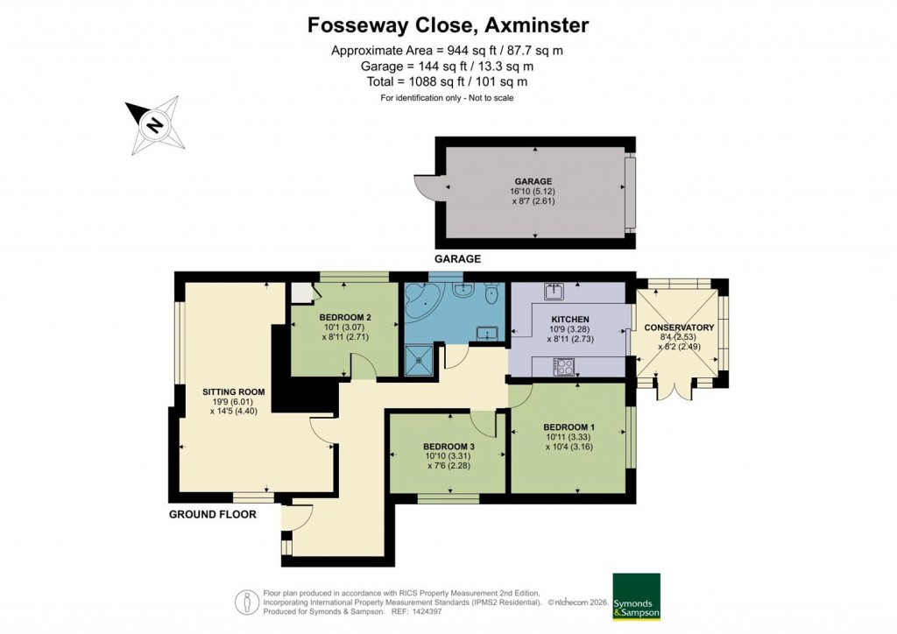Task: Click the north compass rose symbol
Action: tap(154, 125)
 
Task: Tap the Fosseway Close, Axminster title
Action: tap(448, 25)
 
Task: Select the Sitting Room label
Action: tap(233, 392)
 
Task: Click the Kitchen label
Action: tap(569, 319)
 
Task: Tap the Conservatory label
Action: tap(679, 328)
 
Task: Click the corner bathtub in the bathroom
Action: tap(421, 302)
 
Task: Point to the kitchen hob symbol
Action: tap(562, 367)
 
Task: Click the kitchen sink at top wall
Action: tap(554, 289)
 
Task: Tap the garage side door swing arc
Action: tap(424, 187)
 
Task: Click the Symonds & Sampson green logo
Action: tap(635, 596)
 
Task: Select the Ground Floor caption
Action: tap(212, 514)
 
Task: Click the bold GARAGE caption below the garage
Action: tap(458, 259)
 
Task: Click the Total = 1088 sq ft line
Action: tap(448, 81)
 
